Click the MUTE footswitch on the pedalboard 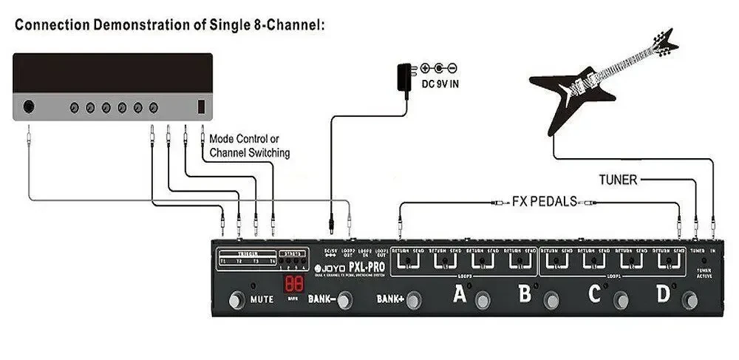pyautogui.click(x=236, y=300)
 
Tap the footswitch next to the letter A pyautogui.click(x=483, y=300)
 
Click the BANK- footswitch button pyautogui.click(x=344, y=300)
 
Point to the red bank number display pyautogui.click(x=293, y=284)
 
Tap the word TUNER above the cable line pyautogui.click(x=616, y=179)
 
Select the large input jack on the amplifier pyautogui.click(x=29, y=106)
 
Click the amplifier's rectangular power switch pyautogui.click(x=200, y=106)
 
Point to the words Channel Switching pyautogui.click(x=250, y=153)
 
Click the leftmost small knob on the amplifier pyautogui.click(x=74, y=108)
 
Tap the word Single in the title pyautogui.click(x=236, y=25)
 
